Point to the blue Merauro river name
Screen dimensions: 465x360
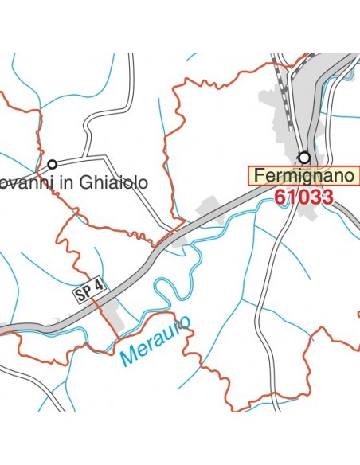(x=156, y=342)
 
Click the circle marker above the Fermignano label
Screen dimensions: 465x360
(x=303, y=157)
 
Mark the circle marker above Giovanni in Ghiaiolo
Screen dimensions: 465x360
(x=53, y=164)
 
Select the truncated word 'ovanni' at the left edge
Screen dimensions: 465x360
(x=30, y=183)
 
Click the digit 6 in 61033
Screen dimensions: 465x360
(x=281, y=197)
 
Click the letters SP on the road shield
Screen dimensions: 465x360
(x=84, y=293)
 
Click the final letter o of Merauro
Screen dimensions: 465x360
(x=186, y=322)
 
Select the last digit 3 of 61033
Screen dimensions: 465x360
(x=326, y=197)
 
